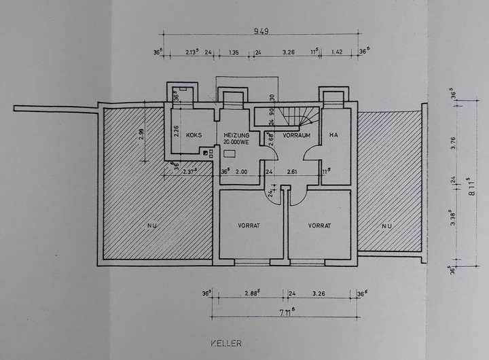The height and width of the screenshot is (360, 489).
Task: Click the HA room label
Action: pyautogui.click(x=333, y=135)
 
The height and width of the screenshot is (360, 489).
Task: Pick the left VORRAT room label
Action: pyautogui.click(x=249, y=226)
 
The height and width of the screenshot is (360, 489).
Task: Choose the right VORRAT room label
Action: pyautogui.click(x=319, y=226)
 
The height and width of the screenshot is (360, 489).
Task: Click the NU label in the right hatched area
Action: pyautogui.click(x=386, y=226)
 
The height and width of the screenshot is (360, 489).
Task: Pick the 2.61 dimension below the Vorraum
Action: pyautogui.click(x=293, y=173)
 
